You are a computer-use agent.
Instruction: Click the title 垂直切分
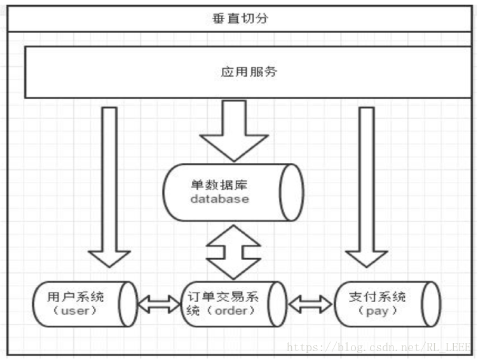pos(240,18)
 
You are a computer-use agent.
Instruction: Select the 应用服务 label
pos(249,71)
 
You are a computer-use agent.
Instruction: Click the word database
pos(219,199)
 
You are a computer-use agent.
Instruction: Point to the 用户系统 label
pos(76,297)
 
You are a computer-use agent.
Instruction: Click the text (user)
pos(76,311)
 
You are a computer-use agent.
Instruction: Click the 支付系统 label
pos(378,297)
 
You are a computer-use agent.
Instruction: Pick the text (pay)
pos(378,311)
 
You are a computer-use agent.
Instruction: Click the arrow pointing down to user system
pos(109,191)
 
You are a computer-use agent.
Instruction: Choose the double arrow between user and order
pos(160,304)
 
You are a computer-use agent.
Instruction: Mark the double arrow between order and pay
pos(310,304)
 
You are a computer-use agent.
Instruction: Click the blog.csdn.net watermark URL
pos(379,347)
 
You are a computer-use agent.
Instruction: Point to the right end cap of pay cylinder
pos(432,304)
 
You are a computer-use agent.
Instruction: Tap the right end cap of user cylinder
pos(129,304)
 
